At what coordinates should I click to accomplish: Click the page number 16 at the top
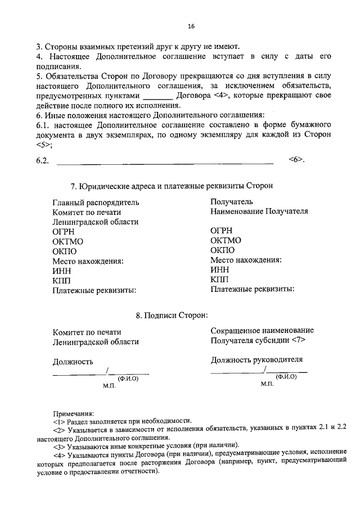[191, 26]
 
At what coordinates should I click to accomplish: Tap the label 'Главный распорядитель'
[96, 202]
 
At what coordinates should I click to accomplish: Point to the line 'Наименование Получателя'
[259, 211]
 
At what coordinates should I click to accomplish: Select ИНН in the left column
[61, 271]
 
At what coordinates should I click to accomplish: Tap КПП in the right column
[220, 280]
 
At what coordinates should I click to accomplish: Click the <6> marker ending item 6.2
[296, 160]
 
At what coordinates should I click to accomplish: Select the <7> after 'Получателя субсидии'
[299, 341]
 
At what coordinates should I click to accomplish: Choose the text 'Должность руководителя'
[256, 360]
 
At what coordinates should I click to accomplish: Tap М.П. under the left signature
[109, 387]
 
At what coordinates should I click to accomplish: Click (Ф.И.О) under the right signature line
[286, 377]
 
